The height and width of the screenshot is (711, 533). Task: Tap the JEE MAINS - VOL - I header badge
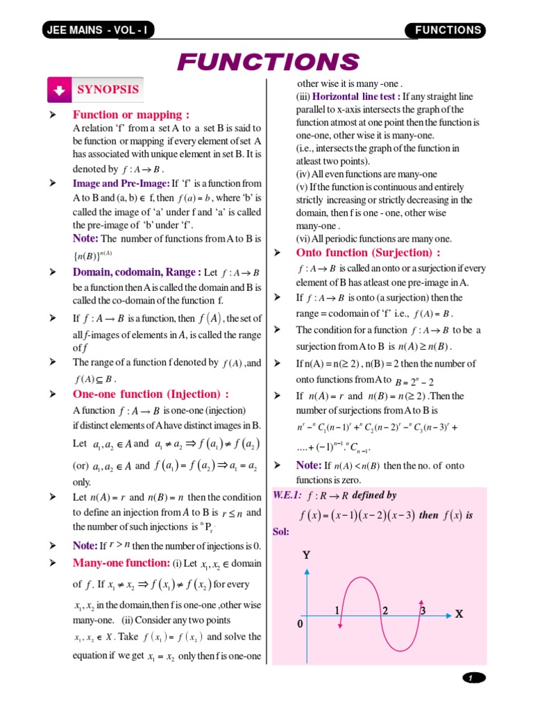coord(98,30)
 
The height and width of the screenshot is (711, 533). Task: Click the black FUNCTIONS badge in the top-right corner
coord(447,30)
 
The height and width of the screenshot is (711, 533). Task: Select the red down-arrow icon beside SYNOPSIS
coord(59,90)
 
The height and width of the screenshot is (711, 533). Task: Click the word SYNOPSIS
coord(108,90)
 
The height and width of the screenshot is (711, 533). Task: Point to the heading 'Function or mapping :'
coord(131,115)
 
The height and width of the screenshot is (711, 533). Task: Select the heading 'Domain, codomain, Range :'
coord(137,272)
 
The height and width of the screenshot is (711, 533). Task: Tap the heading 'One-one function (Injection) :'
coord(151,394)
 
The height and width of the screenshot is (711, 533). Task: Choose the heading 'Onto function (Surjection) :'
coord(368,253)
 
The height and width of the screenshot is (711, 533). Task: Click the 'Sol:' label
coord(281,532)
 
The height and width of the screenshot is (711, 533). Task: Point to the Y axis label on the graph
coord(306,556)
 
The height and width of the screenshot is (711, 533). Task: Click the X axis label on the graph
coord(459,614)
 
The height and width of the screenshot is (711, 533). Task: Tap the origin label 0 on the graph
coord(301,624)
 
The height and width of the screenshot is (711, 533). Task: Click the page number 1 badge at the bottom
coord(473,678)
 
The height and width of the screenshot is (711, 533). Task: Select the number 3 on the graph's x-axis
coord(422,610)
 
